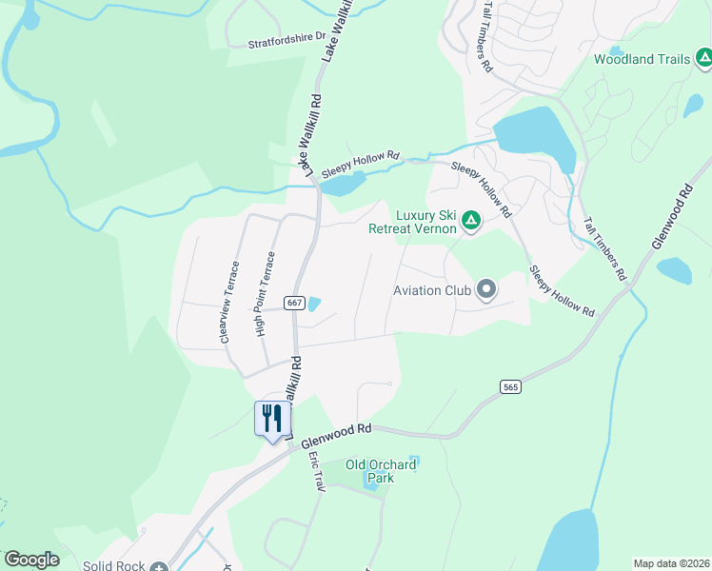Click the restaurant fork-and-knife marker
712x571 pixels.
click(x=272, y=418)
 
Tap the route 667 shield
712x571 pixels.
click(x=293, y=303)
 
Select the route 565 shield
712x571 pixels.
click(x=510, y=386)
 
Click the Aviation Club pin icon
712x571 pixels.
click(x=486, y=288)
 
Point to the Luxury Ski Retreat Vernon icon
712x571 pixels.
click(x=470, y=221)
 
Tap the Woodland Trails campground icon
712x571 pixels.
click(x=702, y=59)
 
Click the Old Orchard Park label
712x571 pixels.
click(x=381, y=471)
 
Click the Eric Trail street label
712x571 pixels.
click(x=316, y=472)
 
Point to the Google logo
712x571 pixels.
click(x=31, y=560)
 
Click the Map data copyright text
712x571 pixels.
click(x=671, y=563)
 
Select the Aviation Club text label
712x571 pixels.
click(x=434, y=290)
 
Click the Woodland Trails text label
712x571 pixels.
click(x=642, y=59)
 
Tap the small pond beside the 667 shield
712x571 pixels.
click(x=313, y=304)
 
